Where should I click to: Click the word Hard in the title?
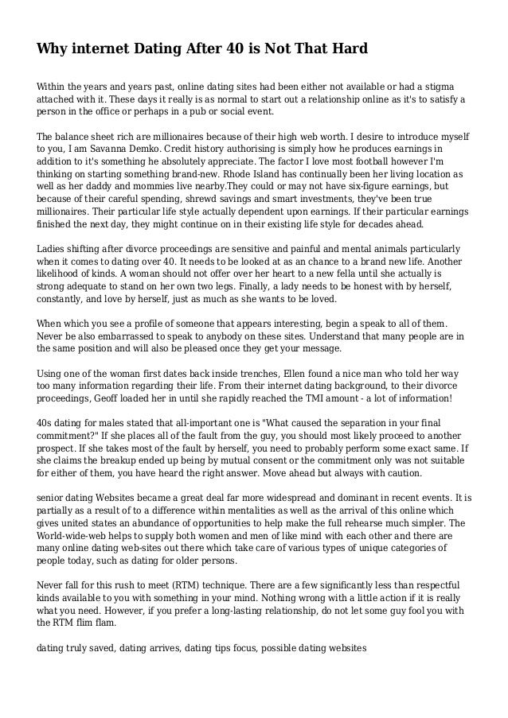point(348,50)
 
